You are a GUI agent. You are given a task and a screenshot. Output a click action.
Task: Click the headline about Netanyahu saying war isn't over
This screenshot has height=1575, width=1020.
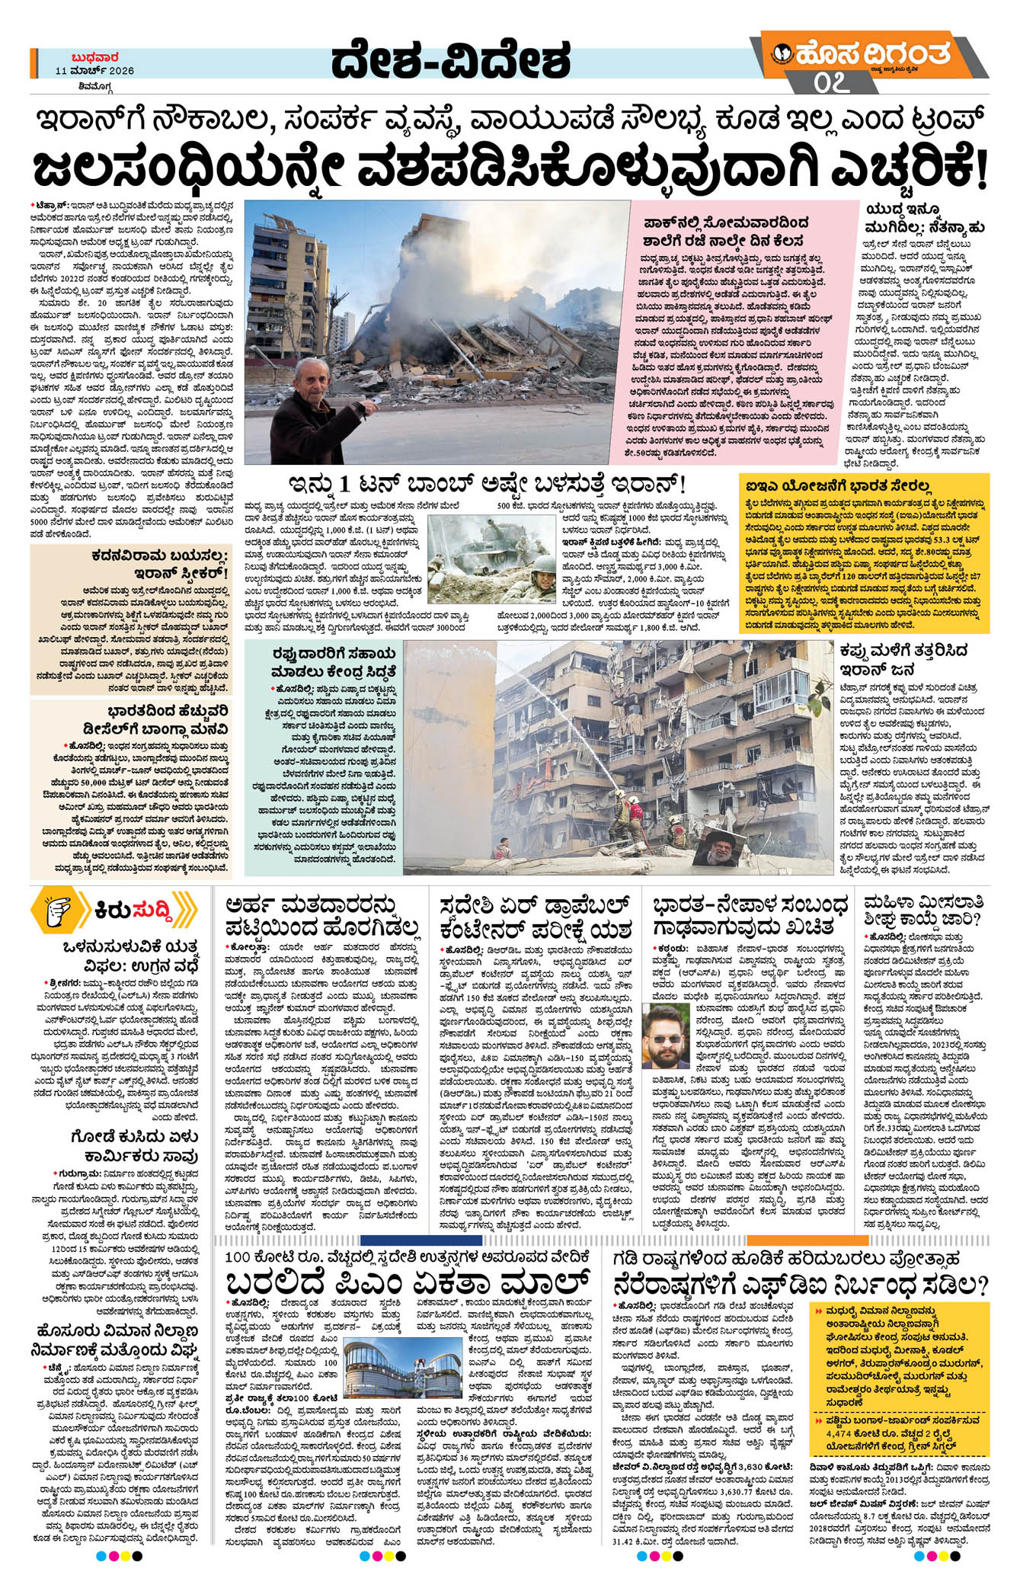click(925, 216)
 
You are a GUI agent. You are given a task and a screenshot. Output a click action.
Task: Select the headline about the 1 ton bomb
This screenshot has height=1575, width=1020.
click(488, 484)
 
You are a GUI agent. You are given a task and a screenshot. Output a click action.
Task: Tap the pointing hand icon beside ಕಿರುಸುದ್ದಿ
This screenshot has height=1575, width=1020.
click(58, 911)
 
